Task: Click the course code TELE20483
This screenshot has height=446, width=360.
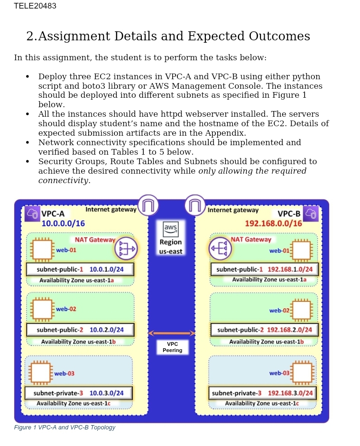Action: [35, 6]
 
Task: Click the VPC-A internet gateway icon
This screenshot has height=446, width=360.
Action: [148, 205]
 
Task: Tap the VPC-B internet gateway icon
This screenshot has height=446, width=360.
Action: [195, 205]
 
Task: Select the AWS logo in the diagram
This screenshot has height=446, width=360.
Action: [171, 228]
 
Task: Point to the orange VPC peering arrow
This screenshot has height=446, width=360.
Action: [172, 333]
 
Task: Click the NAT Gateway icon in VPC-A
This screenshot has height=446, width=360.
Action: [126, 248]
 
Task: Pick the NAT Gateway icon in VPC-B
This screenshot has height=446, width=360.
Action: [220, 249]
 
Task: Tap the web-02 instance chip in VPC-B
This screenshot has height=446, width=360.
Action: [302, 310]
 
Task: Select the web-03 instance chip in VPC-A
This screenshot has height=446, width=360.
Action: [41, 373]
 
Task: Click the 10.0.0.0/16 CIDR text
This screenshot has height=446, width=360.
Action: [63, 223]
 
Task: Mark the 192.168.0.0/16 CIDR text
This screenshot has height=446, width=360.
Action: [273, 223]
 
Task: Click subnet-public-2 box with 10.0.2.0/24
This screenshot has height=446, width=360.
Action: [80, 330]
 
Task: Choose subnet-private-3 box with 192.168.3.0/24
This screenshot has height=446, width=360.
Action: [262, 393]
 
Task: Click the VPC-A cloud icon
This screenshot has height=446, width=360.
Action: [33, 214]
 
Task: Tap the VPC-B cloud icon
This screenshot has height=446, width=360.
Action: [311, 214]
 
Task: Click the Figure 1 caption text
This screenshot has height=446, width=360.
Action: [65, 427]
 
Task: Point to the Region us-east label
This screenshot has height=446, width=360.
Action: [171, 247]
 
